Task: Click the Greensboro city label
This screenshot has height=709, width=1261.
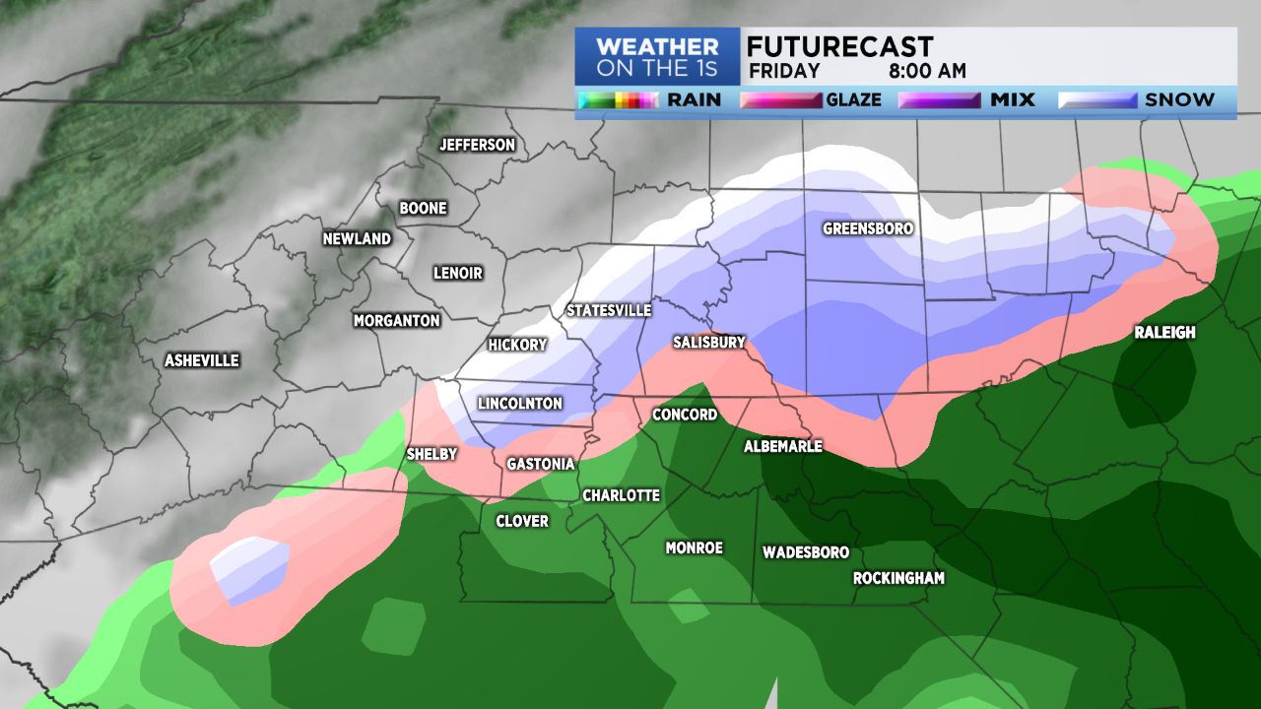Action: click(868, 228)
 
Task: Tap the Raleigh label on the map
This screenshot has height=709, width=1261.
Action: click(1164, 332)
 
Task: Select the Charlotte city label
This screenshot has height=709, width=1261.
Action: click(621, 495)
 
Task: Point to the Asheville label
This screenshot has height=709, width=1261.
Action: click(202, 360)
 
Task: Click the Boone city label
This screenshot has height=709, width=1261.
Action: click(423, 208)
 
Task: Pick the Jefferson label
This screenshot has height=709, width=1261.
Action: click(477, 145)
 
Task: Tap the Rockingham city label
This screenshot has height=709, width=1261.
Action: click(898, 578)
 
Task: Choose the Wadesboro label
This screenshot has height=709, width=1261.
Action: click(805, 552)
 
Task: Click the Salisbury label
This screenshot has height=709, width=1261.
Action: click(709, 342)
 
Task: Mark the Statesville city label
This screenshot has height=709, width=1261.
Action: click(609, 310)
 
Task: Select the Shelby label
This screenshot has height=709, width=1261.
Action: click(431, 454)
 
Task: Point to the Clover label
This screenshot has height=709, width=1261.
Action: click(522, 521)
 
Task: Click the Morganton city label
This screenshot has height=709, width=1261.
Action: click(396, 320)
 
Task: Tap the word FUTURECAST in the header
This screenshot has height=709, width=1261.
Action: click(839, 46)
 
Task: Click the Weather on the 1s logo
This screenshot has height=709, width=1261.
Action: click(657, 57)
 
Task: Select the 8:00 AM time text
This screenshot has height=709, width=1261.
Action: click(927, 71)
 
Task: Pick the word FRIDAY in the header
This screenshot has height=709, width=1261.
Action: click(784, 71)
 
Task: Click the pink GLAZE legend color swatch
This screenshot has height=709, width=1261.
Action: click(781, 100)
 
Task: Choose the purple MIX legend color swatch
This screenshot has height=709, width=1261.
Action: click(939, 100)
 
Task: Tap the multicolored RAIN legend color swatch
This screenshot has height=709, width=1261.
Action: click(619, 100)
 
